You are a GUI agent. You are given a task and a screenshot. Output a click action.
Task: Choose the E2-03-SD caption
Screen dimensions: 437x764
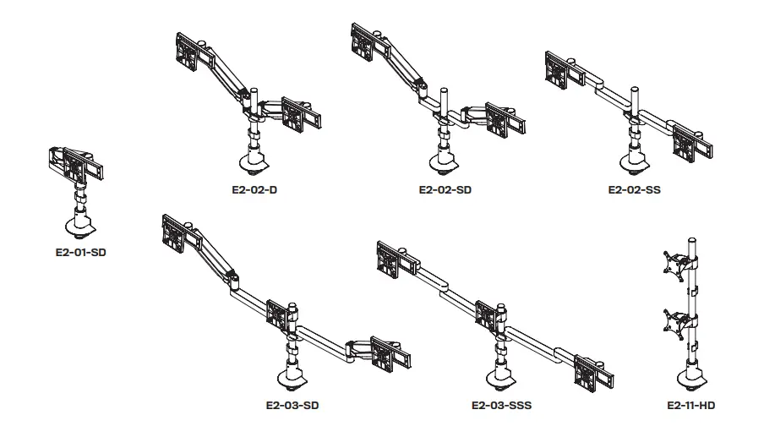pyautogui.click(x=292, y=405)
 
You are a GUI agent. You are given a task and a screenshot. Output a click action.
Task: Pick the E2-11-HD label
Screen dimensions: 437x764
pyautogui.click(x=691, y=405)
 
